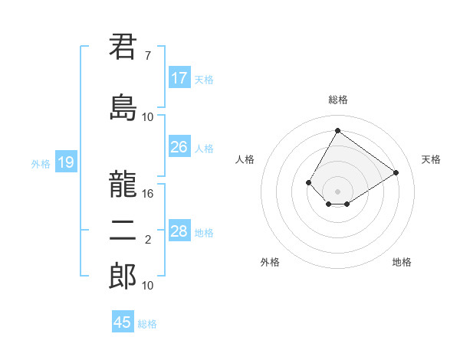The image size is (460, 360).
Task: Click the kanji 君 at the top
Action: coord(123,47)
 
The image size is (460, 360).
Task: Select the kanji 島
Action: coord(123,107)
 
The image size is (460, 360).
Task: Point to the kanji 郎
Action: coord(123,276)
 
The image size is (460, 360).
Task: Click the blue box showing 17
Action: coord(179,78)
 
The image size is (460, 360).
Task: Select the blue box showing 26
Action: coord(179,147)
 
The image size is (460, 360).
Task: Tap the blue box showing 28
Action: coord(179,231)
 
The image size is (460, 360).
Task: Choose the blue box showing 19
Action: coord(65,162)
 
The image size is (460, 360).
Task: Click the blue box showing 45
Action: coord(123,322)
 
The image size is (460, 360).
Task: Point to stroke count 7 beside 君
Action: coord(147,56)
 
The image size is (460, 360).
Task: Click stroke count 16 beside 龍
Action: coord(148,194)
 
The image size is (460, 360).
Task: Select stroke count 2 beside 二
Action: coord(147,240)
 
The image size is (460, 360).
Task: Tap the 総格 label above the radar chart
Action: coord(337,100)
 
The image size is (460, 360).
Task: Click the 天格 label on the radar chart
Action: coord(431,159)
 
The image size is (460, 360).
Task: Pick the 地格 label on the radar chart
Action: coord(402,262)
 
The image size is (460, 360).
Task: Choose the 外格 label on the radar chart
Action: coord(270,262)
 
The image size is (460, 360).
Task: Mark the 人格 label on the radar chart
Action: coord(245,159)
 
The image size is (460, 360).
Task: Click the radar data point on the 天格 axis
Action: coord(396,173)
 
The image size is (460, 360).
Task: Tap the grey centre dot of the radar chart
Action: coord(337,191)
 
